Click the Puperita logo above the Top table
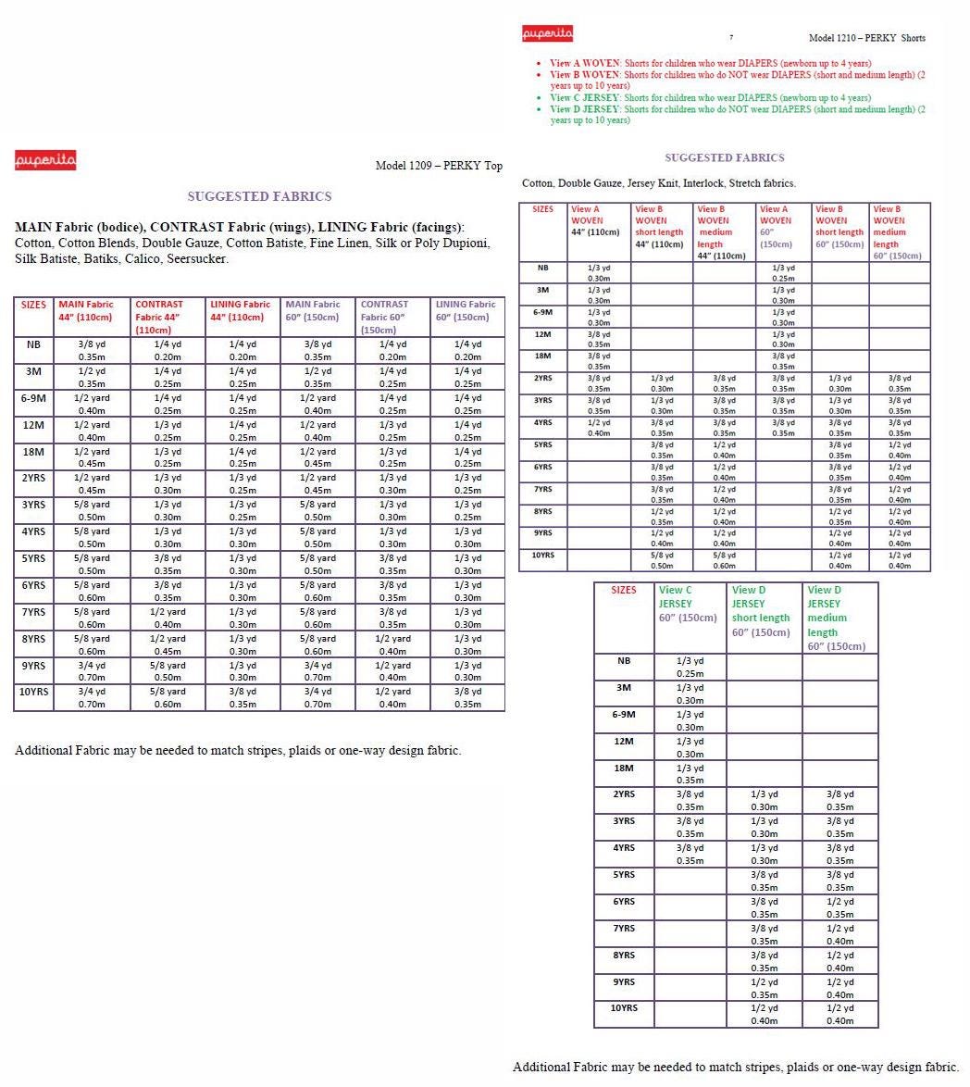46,161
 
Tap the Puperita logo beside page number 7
548,34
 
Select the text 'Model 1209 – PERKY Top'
439,166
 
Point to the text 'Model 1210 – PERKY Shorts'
866,38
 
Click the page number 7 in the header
731,38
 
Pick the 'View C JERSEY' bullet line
710,98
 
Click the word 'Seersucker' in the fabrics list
197,259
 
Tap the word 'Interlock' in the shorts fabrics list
703,183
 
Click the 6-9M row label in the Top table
33,398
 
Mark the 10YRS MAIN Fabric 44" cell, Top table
92,697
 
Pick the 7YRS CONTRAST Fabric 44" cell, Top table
168,618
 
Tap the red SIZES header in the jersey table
624,590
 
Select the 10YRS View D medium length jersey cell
839,1015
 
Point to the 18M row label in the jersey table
624,768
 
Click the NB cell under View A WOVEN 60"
783,273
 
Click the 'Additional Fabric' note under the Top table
238,750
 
